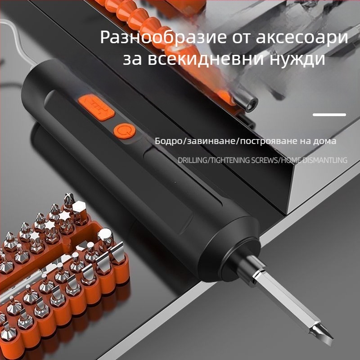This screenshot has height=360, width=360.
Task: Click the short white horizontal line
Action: tap(329, 115)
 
